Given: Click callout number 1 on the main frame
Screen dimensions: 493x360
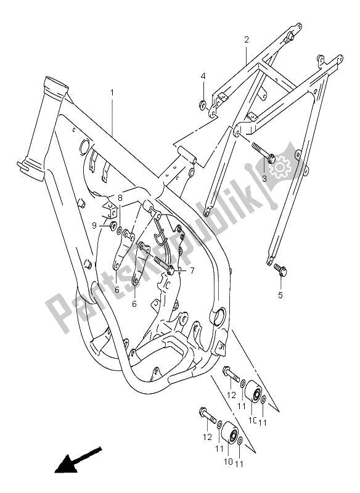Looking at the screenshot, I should (x=112, y=93).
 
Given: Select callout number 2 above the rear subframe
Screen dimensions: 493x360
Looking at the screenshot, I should (x=246, y=40).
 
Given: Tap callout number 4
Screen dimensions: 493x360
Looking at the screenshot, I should (x=202, y=76).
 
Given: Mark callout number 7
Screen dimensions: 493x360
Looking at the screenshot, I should (x=175, y=271).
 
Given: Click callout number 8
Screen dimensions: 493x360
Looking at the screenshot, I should (x=121, y=198).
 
